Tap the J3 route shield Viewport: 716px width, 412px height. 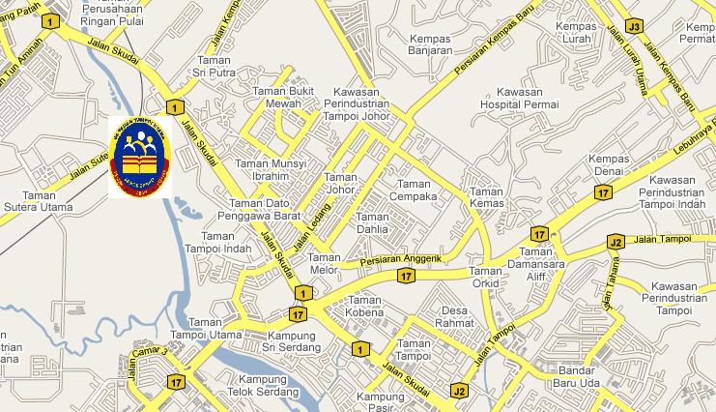634,25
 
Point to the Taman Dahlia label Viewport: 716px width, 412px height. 372,223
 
